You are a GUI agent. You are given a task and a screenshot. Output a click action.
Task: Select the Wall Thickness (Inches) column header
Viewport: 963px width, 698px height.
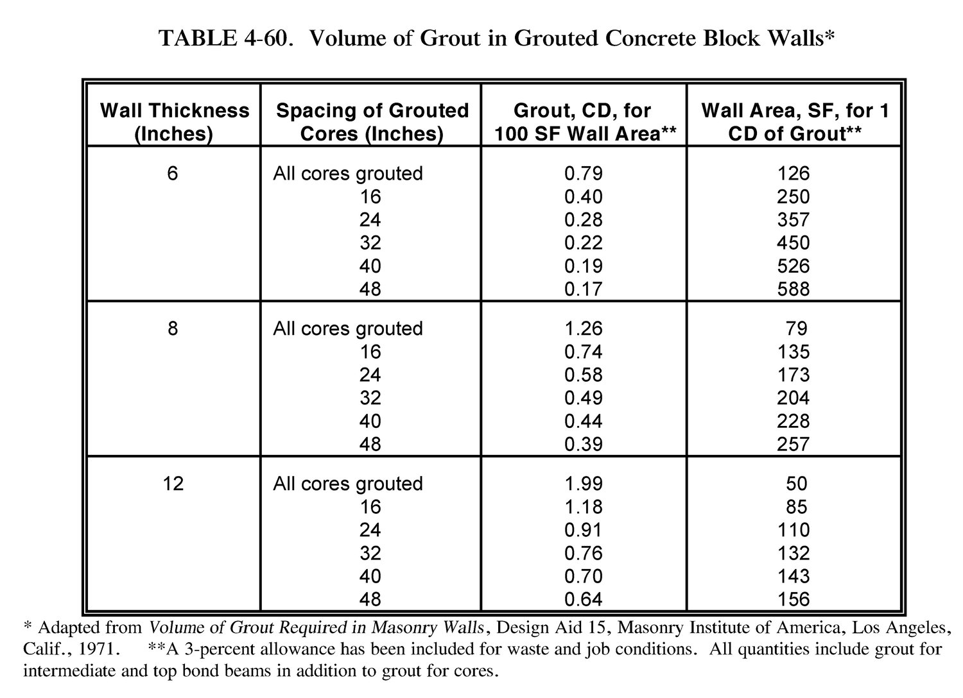[x=174, y=122]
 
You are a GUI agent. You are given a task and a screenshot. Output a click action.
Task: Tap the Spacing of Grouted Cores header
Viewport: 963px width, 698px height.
[x=372, y=122]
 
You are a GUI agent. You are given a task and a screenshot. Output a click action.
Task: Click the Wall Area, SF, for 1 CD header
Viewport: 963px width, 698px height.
[x=795, y=122]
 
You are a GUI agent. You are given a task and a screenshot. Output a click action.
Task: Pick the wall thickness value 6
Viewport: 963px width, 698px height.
[x=172, y=173]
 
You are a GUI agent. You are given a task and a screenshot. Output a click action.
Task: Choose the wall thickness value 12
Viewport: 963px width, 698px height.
[x=173, y=483]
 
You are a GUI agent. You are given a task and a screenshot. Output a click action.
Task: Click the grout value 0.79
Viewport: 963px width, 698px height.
[x=583, y=173]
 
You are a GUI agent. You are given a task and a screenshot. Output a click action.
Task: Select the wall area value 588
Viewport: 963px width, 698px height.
[x=794, y=289]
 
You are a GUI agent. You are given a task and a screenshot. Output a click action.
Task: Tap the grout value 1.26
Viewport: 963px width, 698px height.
[x=583, y=328]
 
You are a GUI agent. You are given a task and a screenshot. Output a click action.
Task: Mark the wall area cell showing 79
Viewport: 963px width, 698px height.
[x=797, y=328]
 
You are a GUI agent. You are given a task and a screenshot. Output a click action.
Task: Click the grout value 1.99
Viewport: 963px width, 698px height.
[x=583, y=483]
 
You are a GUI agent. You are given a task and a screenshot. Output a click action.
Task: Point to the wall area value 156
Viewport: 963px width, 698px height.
[x=794, y=599]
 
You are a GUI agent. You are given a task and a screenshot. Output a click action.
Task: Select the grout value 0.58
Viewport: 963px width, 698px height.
[x=583, y=375]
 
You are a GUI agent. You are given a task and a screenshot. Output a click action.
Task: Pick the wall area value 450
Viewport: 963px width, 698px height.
[x=794, y=243]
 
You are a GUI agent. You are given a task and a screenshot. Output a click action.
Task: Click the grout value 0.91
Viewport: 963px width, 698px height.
[x=583, y=530]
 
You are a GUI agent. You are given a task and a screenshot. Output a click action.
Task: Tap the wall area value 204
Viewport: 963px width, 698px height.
[x=794, y=398]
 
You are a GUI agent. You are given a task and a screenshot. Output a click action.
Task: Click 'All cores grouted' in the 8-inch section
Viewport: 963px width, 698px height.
[x=348, y=328]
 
